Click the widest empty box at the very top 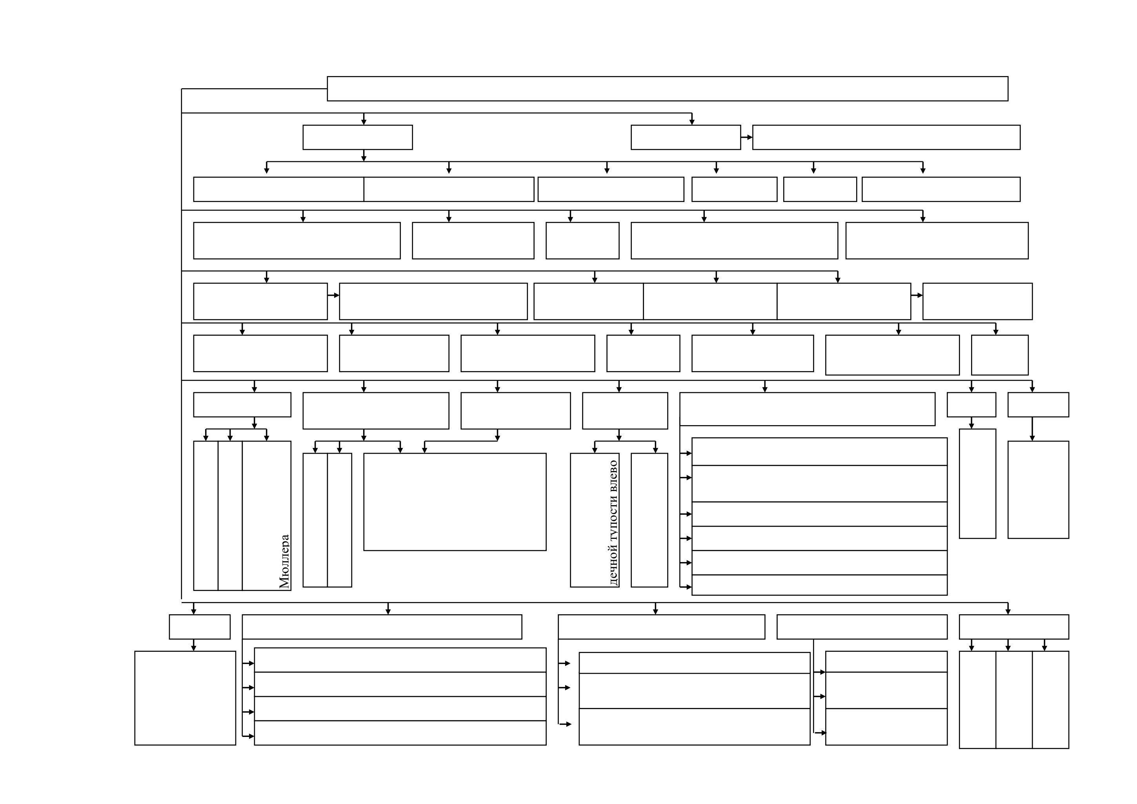[x=668, y=89]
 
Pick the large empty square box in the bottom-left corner [x=185, y=698]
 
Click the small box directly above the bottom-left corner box [x=200, y=627]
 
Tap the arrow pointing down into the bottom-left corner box [x=194, y=645]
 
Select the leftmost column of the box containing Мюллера [x=206, y=515]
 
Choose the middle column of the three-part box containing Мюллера [x=230, y=515]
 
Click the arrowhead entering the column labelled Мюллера [x=266, y=438]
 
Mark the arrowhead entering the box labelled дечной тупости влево [x=595, y=450]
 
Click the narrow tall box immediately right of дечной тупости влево [x=649, y=520]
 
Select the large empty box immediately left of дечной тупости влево [x=455, y=502]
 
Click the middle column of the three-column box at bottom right [x=1014, y=700]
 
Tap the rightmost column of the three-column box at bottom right [x=1050, y=700]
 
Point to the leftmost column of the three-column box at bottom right [x=977, y=700]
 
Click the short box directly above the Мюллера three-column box [x=242, y=404]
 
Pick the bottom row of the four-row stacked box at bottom [x=400, y=733]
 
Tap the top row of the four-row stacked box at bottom [x=400, y=660]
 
